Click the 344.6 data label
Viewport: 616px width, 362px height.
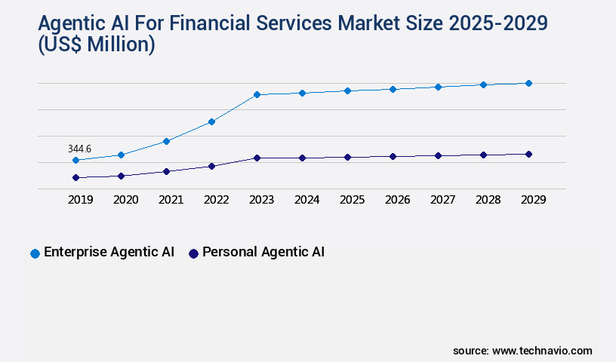coord(79,149)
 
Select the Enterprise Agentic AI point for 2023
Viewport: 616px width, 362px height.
coord(257,95)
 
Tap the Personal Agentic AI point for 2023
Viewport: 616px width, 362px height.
coord(257,158)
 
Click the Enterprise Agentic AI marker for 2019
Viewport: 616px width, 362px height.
coord(75,161)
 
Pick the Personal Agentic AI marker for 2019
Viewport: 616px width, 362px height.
coord(75,178)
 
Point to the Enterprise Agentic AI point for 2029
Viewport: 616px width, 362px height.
coord(528,83)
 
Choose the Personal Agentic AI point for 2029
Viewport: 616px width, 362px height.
coord(528,154)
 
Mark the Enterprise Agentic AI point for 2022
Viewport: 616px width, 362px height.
coord(211,121)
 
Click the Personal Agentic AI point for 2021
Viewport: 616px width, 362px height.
coord(166,171)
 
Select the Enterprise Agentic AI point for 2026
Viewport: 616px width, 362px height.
coord(393,89)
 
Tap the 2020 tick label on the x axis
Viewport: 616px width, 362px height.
coord(126,200)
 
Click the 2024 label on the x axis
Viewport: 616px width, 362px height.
coord(307,200)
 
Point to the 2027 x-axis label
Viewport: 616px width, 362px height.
coord(443,200)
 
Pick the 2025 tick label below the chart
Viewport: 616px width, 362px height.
coord(353,200)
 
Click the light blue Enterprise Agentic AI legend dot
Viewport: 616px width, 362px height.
coord(35,253)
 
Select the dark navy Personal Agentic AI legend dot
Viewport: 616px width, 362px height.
coord(193,253)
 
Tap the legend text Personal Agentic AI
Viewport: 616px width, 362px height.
coord(263,253)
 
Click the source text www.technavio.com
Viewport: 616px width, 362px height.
coord(542,351)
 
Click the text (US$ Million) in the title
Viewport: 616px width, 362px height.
coord(97,45)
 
